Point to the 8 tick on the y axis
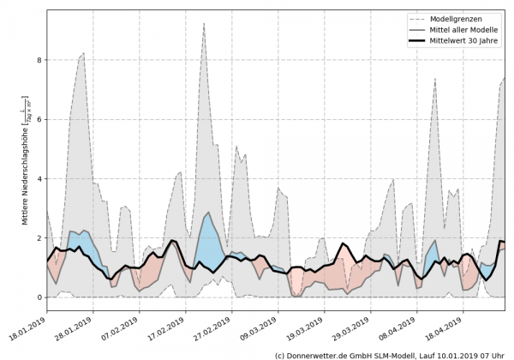coord(39,60)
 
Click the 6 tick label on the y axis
coord(39,119)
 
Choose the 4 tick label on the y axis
coord(39,178)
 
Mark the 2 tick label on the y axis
coord(39,238)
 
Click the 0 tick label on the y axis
coord(39,297)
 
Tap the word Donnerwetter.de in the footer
coord(321,354)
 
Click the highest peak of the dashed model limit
coord(203,24)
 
